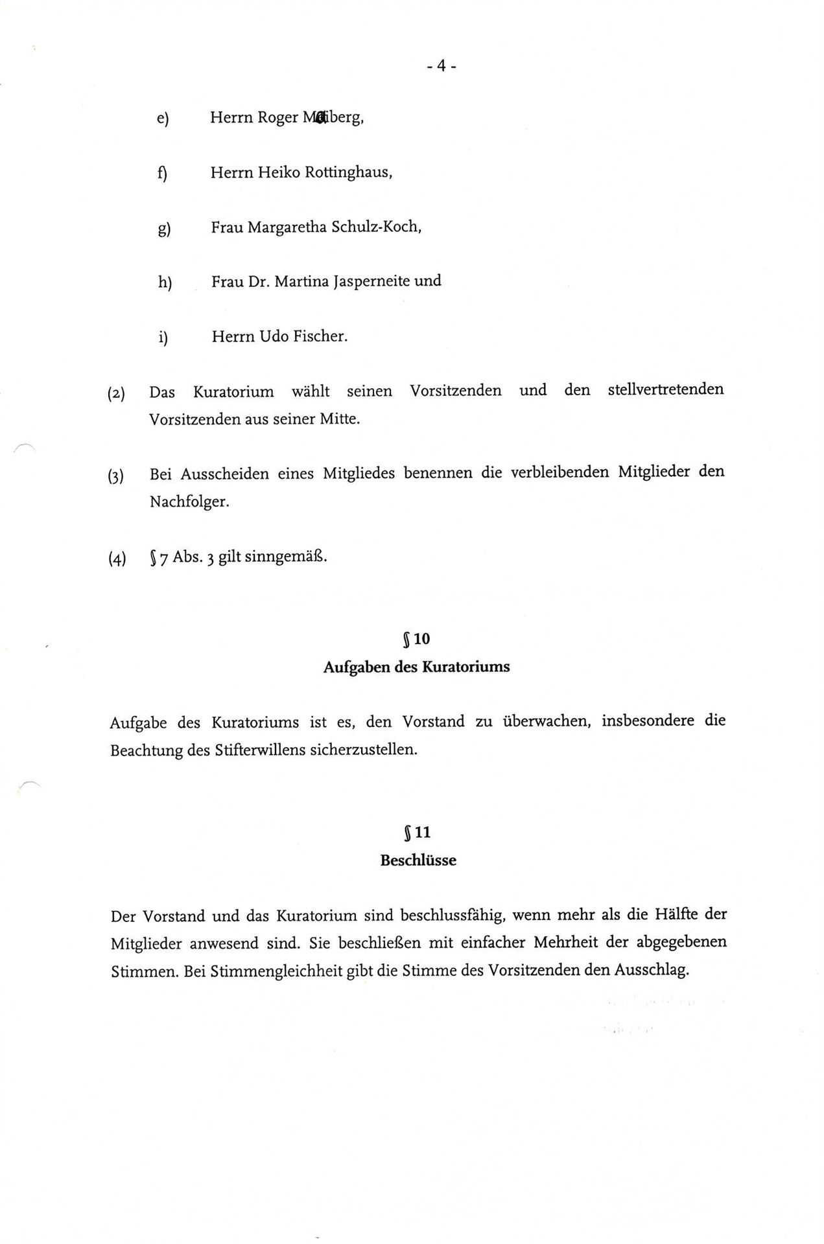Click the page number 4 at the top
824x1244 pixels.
(441, 66)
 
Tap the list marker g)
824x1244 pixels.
(164, 229)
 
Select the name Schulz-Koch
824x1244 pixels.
(376, 227)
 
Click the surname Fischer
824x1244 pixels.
(320, 337)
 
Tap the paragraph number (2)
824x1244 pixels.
(117, 393)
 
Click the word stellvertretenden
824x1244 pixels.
(665, 390)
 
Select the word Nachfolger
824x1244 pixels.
(189, 502)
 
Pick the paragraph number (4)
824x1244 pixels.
(117, 559)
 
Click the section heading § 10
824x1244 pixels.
(416, 639)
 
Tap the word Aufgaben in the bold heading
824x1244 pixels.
(357, 667)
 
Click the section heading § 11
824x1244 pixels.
(417, 833)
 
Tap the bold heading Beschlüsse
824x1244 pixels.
(418, 861)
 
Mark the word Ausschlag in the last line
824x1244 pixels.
(650, 971)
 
